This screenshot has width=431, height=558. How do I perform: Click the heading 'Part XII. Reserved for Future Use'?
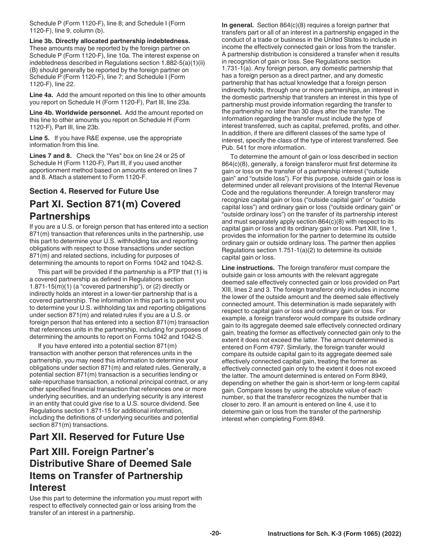[x=107, y=436]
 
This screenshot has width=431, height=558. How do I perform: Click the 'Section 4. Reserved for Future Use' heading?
[x=94, y=191]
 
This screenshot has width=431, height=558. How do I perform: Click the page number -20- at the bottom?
[x=215, y=533]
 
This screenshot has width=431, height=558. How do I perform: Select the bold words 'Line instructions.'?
[x=248, y=268]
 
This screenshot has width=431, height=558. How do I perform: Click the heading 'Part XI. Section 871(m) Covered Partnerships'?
[x=105, y=210]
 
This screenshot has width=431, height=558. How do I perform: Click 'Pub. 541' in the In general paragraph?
[x=233, y=147]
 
